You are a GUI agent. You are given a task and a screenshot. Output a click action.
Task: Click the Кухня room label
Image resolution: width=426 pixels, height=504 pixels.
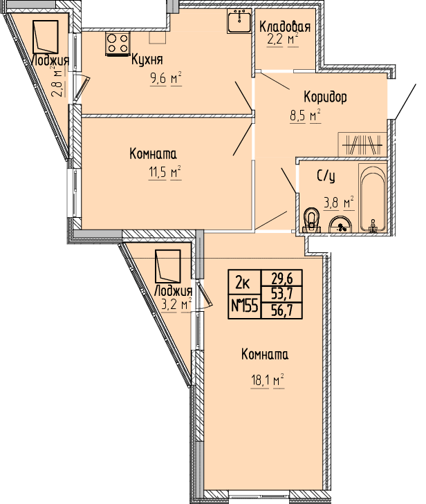click(147, 59)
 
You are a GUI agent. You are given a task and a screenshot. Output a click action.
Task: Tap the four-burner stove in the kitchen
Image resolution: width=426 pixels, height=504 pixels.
click(118, 44)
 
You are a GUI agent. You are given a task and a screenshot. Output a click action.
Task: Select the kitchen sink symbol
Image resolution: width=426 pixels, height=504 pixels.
click(239, 21)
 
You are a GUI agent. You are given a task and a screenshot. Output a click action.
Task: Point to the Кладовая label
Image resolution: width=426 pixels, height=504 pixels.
click(285, 27)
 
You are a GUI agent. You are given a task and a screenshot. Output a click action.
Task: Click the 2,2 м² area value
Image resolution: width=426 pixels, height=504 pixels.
click(283, 40)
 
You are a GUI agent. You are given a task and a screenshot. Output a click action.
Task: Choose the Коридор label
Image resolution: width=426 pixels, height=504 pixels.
click(325, 97)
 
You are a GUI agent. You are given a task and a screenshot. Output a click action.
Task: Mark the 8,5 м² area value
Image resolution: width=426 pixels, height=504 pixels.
click(306, 115)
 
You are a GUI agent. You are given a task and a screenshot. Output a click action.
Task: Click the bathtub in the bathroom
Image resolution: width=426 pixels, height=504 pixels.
click(372, 199)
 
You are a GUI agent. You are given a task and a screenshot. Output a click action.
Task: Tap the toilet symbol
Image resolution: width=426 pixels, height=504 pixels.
click(311, 221)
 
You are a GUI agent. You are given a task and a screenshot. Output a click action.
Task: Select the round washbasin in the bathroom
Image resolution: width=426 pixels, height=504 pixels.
click(340, 225)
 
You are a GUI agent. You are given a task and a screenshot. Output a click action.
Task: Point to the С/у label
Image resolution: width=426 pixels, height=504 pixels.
click(326, 176)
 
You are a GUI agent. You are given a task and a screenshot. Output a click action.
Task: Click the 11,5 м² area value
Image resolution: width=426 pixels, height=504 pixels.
click(165, 173)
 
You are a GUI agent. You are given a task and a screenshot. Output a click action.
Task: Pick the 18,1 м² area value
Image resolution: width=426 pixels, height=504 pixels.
click(268, 382)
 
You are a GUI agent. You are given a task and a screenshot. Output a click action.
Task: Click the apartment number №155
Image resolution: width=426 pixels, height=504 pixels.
click(245, 306)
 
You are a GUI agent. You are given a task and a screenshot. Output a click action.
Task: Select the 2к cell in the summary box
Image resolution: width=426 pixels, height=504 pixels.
click(243, 283)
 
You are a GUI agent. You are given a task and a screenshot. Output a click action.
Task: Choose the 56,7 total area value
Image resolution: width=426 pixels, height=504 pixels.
click(282, 311)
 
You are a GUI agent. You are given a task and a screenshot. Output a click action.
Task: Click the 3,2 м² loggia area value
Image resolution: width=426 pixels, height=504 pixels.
click(176, 304)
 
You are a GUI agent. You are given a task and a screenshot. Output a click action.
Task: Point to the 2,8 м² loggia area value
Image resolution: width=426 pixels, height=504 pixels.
click(59, 82)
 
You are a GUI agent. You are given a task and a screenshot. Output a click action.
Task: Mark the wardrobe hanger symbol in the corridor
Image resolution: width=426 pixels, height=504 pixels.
click(362, 145)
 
